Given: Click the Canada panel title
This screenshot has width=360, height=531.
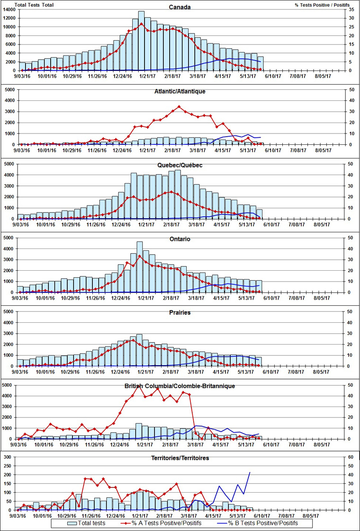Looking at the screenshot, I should coord(180,7).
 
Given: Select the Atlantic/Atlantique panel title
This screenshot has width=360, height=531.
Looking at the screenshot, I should coord(180,91).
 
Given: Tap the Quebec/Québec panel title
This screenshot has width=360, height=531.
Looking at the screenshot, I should coord(180,165).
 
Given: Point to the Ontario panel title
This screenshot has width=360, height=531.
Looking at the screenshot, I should coord(180,239).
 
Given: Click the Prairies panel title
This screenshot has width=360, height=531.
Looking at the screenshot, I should coord(180,313).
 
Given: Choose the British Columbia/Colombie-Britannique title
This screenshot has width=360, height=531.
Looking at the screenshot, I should coord(180,386).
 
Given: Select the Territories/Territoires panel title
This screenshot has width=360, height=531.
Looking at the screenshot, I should coord(180,458).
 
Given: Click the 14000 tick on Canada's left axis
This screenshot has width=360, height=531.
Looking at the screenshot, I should coord(8,10).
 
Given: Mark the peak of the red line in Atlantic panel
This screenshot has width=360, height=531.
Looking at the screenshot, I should coord(179,106).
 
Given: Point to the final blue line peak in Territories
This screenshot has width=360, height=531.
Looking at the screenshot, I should coord(250,472).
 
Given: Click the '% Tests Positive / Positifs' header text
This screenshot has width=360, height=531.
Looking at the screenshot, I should coord(322,5).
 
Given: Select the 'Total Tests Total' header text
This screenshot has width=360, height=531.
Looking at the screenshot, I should coord(34,5).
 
